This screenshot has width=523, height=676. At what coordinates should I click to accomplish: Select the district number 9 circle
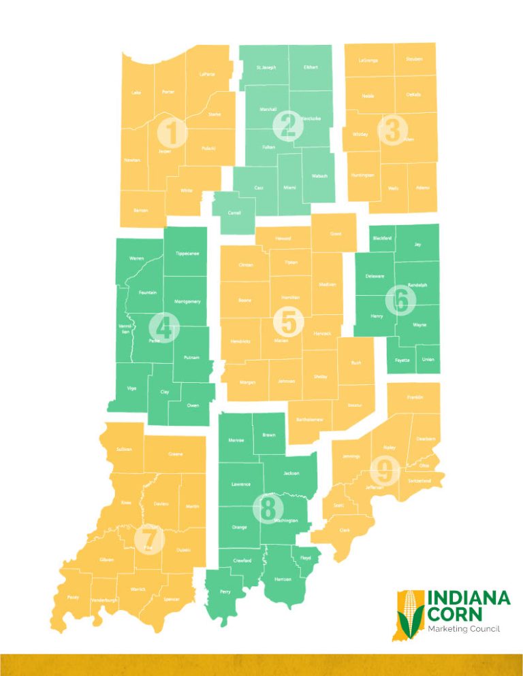point(387,469)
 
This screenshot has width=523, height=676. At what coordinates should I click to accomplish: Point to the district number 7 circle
point(153,539)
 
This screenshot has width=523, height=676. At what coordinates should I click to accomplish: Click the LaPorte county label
point(207,74)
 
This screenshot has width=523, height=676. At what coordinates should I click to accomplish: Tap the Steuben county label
point(413,59)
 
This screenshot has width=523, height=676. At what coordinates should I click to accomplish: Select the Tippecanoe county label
point(187,254)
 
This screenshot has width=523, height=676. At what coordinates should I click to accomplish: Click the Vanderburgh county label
point(104,600)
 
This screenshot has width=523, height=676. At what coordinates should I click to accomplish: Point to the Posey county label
point(73,597)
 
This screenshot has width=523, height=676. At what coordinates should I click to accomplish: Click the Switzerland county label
point(419,481)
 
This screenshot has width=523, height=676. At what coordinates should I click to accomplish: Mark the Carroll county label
point(234,212)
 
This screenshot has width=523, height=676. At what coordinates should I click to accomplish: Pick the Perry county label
point(225,592)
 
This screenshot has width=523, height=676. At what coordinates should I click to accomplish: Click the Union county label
point(428,359)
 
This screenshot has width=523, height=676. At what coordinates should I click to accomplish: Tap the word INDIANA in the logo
point(469,598)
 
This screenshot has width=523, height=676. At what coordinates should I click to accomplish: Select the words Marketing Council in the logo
point(463,629)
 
